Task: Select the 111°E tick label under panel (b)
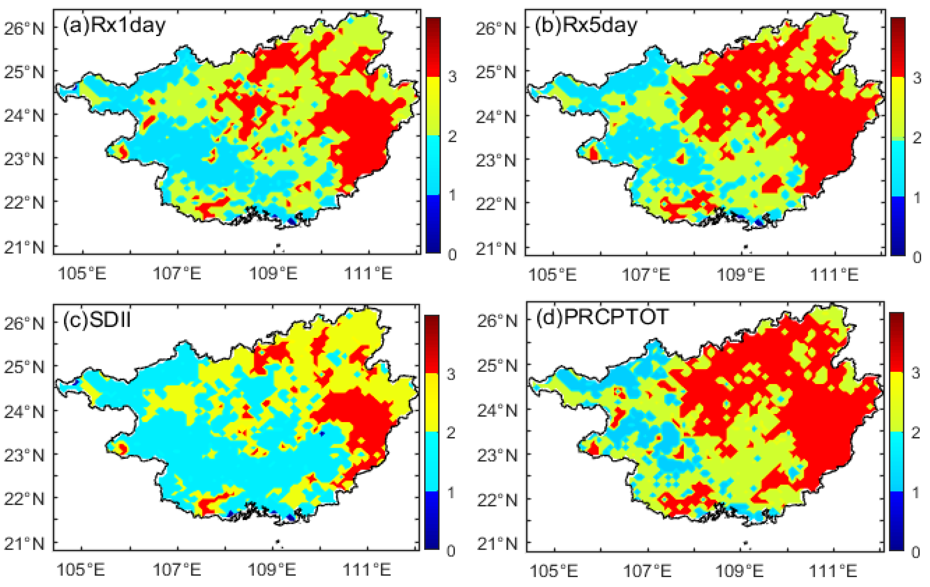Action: (834, 275)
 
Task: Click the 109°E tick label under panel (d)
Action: (739, 571)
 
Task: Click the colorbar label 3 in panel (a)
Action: (452, 77)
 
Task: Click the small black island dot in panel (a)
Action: (278, 245)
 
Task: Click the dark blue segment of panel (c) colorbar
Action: (432, 520)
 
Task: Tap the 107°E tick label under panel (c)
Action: (177, 569)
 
